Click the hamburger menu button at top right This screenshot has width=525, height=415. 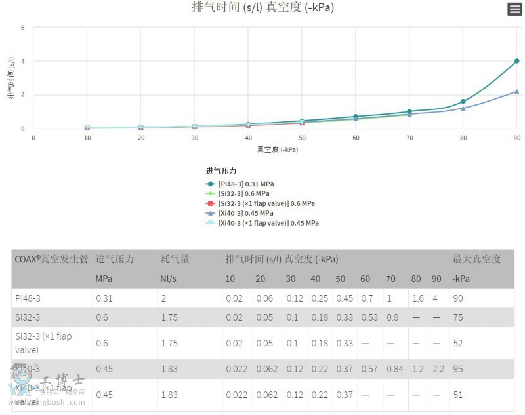(x=514, y=9)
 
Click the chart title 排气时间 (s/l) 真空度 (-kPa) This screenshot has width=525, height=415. (x=263, y=8)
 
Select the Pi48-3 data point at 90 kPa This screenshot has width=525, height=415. (x=517, y=61)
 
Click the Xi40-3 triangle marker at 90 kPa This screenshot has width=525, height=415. (x=517, y=92)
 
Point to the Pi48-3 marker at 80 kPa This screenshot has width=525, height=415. (x=463, y=102)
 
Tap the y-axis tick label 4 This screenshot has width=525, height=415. (x=23, y=62)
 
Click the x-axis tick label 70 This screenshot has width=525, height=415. (x=409, y=138)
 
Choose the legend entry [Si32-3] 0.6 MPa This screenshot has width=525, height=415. (x=243, y=193)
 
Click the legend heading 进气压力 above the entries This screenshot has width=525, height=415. (x=221, y=171)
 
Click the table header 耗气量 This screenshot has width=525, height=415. (x=175, y=260)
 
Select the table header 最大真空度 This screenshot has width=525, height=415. (x=476, y=260)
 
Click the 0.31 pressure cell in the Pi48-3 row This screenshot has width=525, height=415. (x=104, y=298)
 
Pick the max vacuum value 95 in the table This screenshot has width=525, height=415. (x=458, y=369)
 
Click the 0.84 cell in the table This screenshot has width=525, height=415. (x=394, y=369)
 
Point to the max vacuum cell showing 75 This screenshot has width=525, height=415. (x=458, y=318)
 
